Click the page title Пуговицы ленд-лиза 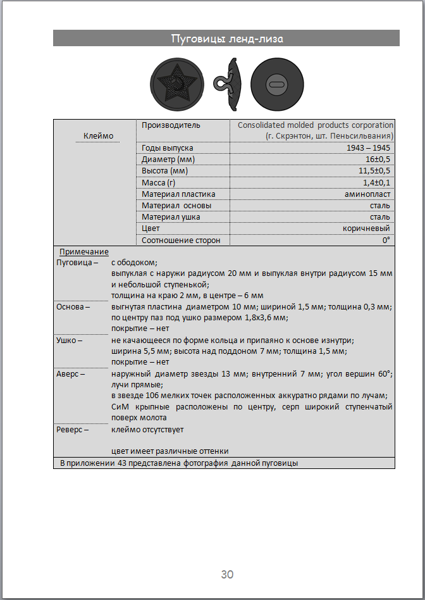tap(227, 39)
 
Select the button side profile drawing tap(228, 82)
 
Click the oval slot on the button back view tap(275, 83)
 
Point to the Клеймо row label tap(99, 136)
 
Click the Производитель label tap(171, 125)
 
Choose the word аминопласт tap(367, 194)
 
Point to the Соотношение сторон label tap(181, 241)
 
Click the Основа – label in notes tap(73, 306)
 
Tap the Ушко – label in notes tap(71, 340)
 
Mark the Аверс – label tap(71, 374)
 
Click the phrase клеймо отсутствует tap(147, 430)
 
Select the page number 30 tap(227, 574)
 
